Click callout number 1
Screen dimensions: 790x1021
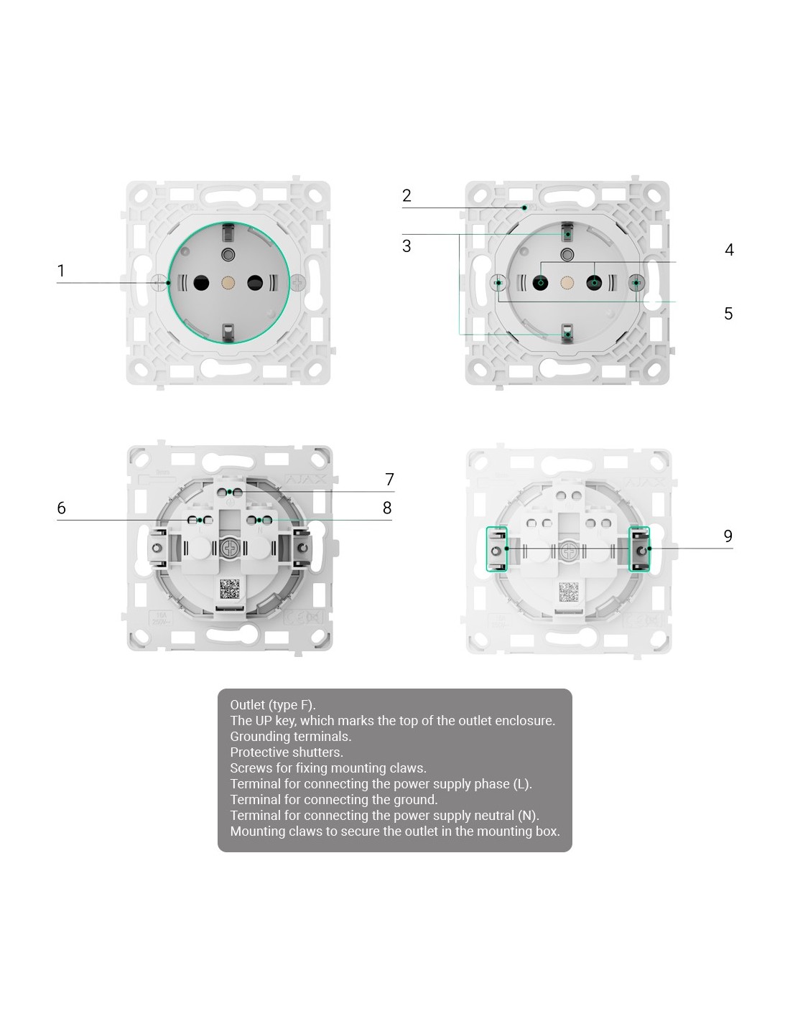tap(60, 271)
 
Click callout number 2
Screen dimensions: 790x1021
tap(406, 195)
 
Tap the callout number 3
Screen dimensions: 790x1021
tap(406, 246)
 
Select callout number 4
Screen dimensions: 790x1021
tap(729, 249)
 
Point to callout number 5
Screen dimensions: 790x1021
tap(728, 313)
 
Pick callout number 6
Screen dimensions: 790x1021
tap(62, 508)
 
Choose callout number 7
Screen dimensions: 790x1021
tap(389, 479)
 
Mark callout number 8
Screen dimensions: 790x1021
tap(387, 508)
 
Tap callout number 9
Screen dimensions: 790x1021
tap(728, 536)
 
